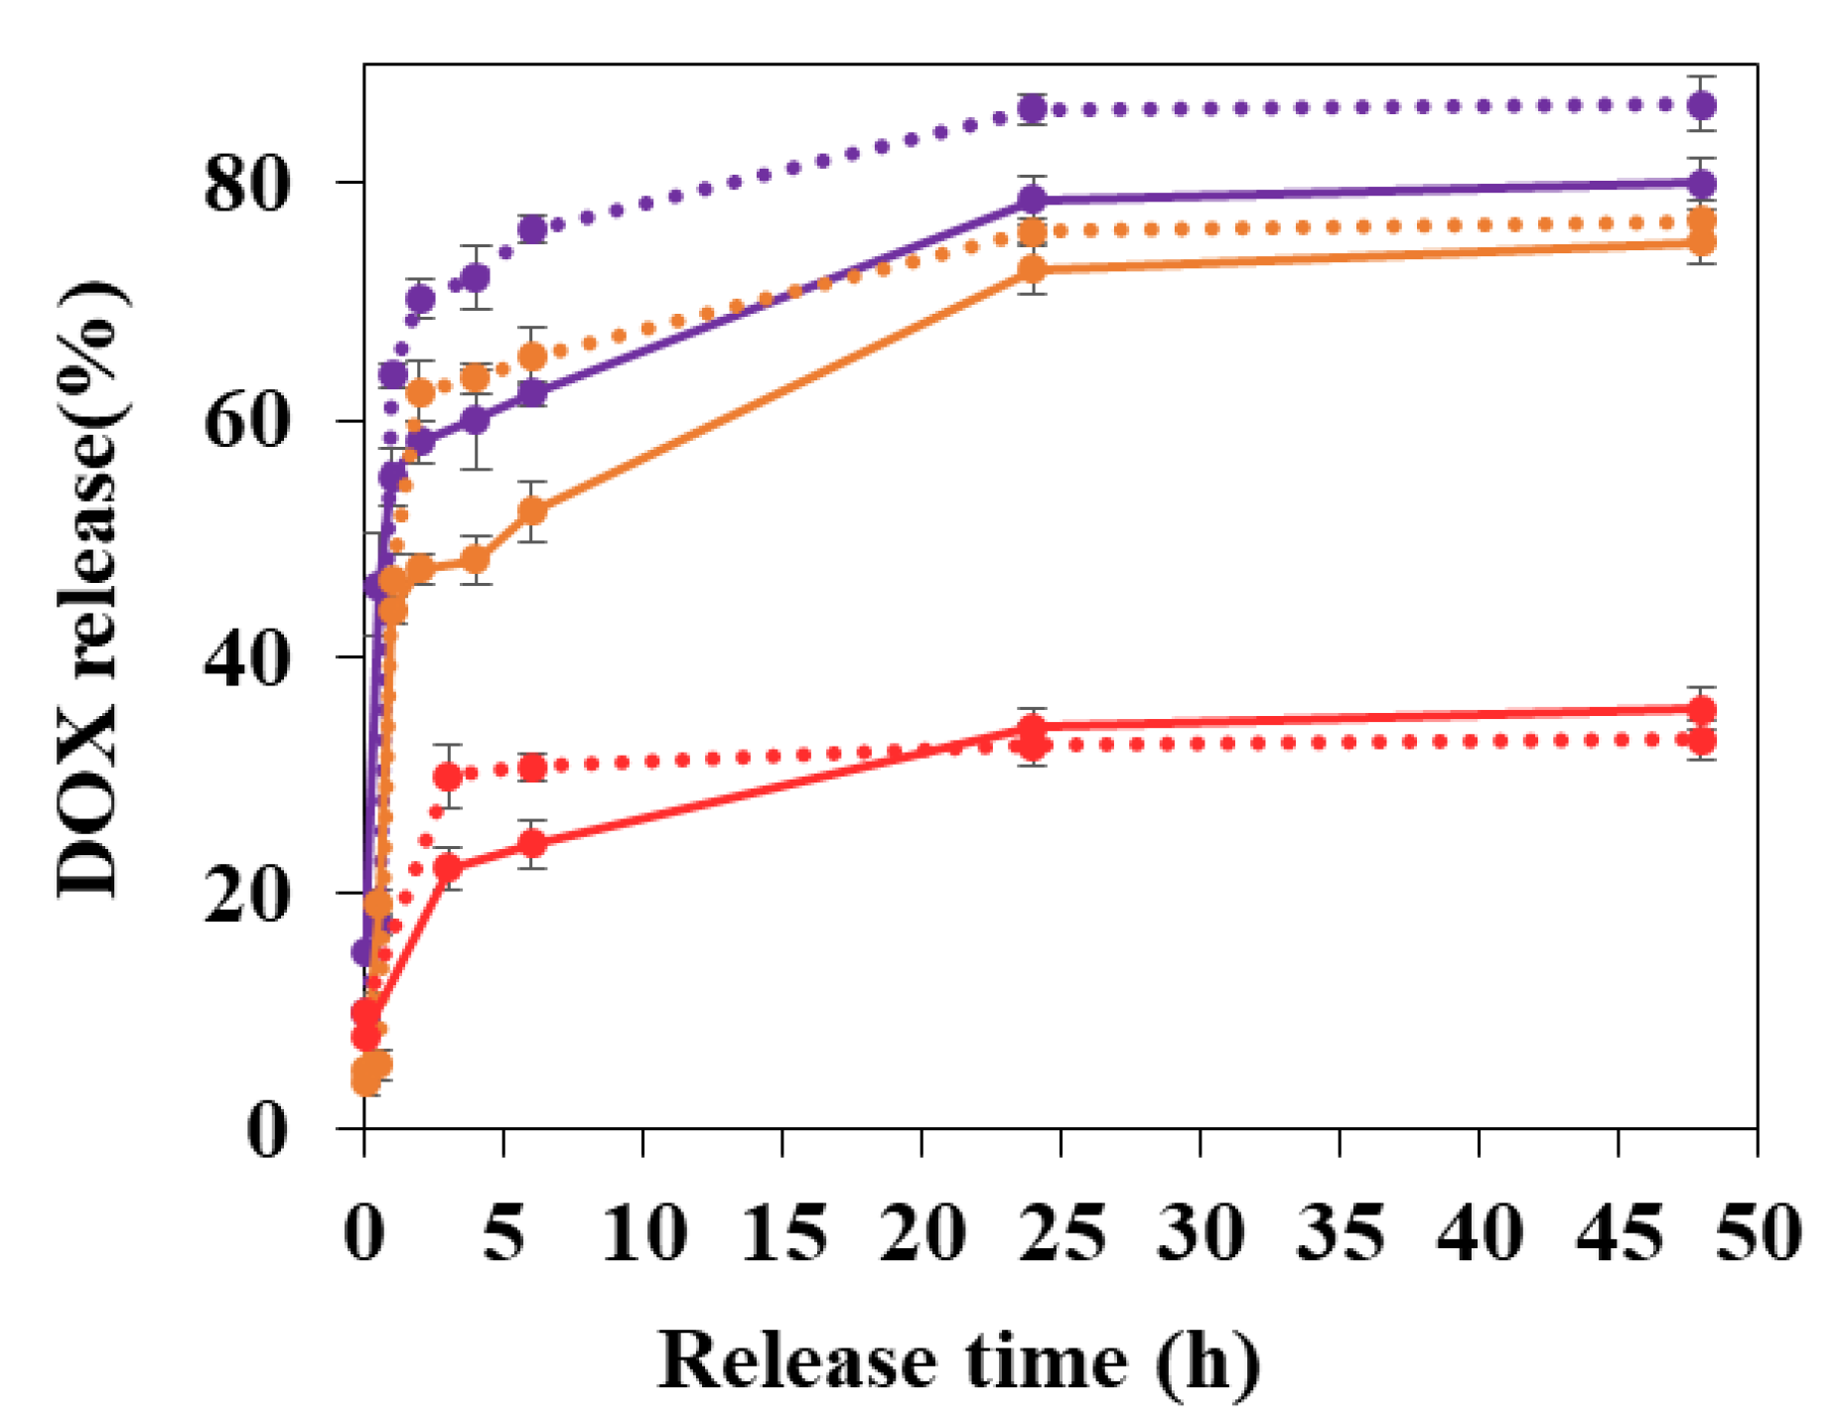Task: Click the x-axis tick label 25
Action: click(1060, 1233)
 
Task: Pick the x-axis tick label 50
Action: click(1758, 1233)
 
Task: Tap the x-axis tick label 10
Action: click(643, 1233)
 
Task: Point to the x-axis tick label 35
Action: click(1340, 1233)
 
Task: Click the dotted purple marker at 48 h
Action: click(1702, 104)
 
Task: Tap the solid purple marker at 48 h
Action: click(1702, 184)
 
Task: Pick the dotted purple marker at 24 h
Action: click(1033, 107)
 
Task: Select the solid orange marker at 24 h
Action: click(1033, 269)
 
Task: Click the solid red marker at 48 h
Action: click(1702, 709)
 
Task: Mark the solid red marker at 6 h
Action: click(533, 844)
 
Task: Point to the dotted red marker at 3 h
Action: click(449, 776)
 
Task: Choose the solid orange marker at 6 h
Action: click(533, 510)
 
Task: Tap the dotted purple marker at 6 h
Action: click(533, 229)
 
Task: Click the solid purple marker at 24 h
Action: click(1033, 200)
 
